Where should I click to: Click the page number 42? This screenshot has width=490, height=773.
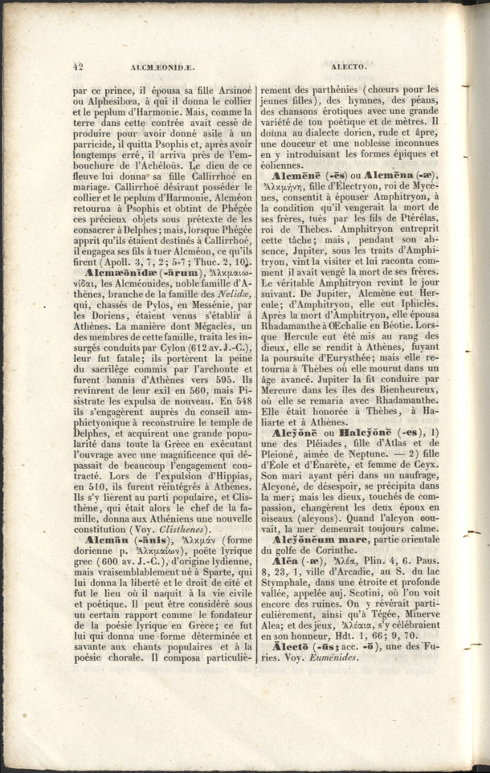78,68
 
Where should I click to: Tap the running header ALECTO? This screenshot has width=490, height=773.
347,68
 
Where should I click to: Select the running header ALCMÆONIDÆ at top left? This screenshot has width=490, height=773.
136,68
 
